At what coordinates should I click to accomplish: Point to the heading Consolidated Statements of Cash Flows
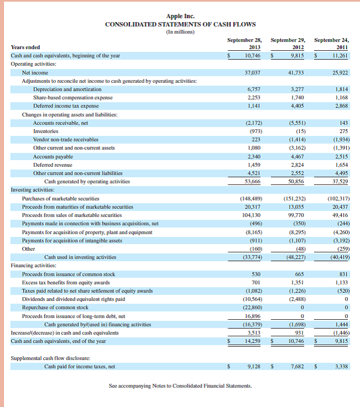pos(180,24)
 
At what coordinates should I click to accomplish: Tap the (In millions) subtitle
pos(180,31)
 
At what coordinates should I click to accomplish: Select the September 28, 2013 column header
pos(245,44)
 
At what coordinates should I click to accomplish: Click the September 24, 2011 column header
pos(331,44)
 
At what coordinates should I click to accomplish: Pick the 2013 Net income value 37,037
pos(253,72)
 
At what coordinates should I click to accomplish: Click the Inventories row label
pos(45,131)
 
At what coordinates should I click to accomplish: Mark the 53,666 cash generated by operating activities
pos(253,181)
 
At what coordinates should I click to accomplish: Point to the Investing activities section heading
pos(32,189)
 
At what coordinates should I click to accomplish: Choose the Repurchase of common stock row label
pos(55,307)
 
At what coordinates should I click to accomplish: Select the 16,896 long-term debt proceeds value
pos(253,316)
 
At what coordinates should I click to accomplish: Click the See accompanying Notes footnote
pos(180,385)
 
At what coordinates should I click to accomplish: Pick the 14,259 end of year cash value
pos(253,341)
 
